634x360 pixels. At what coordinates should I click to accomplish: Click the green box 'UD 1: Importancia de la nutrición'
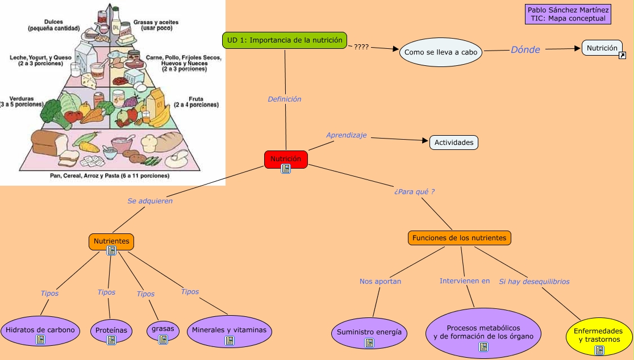tap(284, 40)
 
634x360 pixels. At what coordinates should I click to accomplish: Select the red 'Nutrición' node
tap(286, 158)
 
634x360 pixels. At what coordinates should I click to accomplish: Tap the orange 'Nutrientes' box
tap(111, 241)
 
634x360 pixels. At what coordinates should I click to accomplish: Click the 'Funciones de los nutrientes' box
tap(459, 238)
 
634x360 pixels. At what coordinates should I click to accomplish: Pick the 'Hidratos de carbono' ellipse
tap(40, 330)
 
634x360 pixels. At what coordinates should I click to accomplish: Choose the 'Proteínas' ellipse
tap(111, 330)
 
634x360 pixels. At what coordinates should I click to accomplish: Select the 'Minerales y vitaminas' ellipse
tap(229, 330)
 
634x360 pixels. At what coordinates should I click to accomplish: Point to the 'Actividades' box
tap(454, 143)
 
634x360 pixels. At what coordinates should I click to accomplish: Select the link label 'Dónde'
tap(525, 50)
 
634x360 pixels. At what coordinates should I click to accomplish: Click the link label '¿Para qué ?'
tap(414, 192)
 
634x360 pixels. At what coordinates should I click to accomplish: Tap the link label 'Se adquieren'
tap(150, 201)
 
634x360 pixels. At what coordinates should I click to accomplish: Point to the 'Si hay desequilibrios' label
tap(534, 282)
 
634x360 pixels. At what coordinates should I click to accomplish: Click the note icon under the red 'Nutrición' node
tap(286, 169)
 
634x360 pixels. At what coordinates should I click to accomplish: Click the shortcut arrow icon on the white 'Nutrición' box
tap(622, 55)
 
